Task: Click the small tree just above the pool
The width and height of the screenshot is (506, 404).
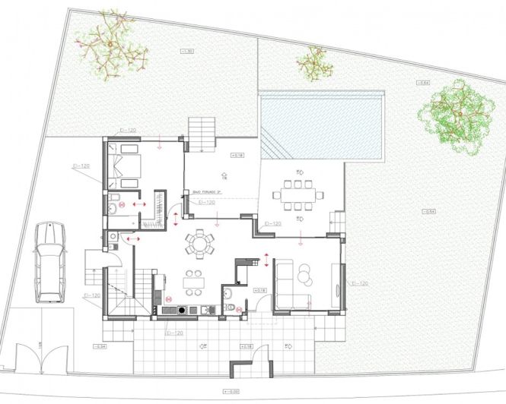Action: pos(314,62)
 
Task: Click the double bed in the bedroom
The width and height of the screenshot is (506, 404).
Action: pos(123,167)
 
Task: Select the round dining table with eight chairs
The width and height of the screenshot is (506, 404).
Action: pos(200,244)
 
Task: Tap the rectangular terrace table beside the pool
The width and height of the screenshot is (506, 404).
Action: pos(298,194)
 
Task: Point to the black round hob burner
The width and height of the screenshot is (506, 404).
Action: pos(180,310)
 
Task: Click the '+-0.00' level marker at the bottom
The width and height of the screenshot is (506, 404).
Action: pos(230,392)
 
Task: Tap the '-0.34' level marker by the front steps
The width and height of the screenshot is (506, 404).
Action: pos(100,346)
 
